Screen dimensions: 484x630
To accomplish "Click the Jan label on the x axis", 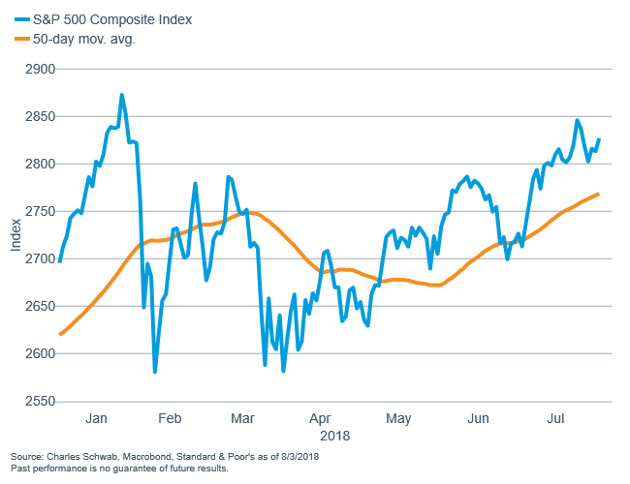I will [x=97, y=419].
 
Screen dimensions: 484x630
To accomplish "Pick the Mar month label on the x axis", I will [x=244, y=419].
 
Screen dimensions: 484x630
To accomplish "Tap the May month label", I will [x=398, y=419].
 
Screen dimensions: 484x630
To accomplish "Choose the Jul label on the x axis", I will [x=556, y=419].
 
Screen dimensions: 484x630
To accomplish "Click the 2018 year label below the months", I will [x=334, y=436].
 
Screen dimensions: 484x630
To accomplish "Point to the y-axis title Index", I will [x=16, y=235].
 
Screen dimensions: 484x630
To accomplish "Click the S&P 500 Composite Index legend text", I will [x=112, y=19].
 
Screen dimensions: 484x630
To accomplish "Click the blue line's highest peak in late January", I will [x=121, y=95].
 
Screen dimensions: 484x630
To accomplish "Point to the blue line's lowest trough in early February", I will [x=155, y=371].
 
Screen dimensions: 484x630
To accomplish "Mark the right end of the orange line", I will [x=598, y=194].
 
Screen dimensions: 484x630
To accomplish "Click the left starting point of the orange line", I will [x=60, y=334].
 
